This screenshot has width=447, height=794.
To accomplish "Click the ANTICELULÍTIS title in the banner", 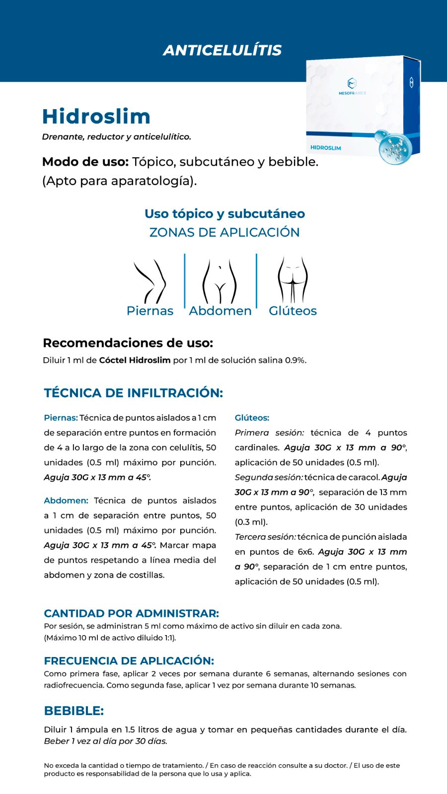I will click(x=222, y=50).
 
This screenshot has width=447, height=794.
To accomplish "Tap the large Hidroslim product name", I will click(x=96, y=117).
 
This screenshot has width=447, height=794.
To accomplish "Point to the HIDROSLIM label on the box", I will click(x=325, y=147).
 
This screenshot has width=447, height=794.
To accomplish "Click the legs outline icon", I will click(x=150, y=280).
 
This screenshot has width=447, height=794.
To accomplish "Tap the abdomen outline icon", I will click(x=220, y=281).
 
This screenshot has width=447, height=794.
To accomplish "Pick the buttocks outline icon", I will click(x=293, y=280).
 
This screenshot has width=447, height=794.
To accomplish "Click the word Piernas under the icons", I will click(x=150, y=311).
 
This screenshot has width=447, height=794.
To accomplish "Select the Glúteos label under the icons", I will click(x=293, y=311).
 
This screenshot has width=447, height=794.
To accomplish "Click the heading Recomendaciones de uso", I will click(x=128, y=343).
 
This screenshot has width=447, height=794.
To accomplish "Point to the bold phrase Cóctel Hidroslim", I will click(x=135, y=360).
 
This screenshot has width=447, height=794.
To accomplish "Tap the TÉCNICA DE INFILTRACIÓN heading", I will click(x=133, y=393).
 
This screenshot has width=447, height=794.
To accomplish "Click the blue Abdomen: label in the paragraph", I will click(x=66, y=501).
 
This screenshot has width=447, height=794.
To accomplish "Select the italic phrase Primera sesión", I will click(x=269, y=433).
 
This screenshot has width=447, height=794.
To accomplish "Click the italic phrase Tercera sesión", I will click(x=265, y=537).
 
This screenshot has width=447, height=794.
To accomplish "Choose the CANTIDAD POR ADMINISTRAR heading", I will click(x=131, y=613).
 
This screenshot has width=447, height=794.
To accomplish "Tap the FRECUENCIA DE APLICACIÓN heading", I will click(x=129, y=661).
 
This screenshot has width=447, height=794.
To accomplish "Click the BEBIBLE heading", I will click(x=74, y=711).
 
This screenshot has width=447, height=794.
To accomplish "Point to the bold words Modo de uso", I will click(x=85, y=162).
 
